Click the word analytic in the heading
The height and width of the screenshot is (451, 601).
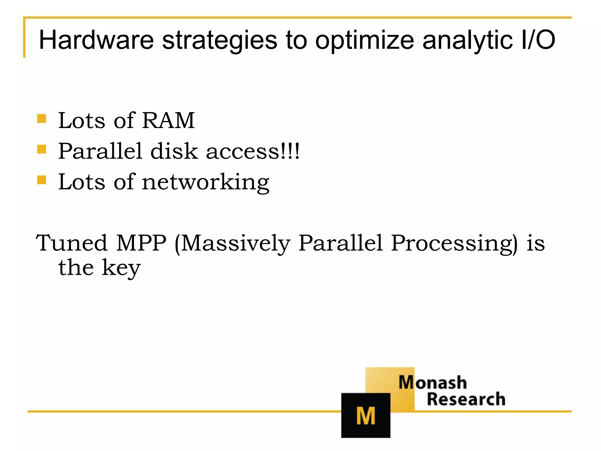click(468, 40)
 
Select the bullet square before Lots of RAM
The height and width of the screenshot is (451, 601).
click(42, 119)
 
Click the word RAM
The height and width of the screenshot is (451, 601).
click(168, 120)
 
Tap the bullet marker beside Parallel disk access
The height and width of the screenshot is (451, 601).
click(42, 149)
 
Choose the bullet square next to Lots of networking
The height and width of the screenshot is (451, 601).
click(42, 180)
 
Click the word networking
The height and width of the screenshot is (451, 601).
click(205, 182)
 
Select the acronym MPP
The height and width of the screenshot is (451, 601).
click(141, 243)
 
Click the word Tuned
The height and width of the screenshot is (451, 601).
click(72, 243)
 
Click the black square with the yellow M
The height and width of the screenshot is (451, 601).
click(366, 415)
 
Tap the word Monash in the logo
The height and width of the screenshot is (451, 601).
click(433, 383)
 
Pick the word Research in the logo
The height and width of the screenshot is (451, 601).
click(466, 399)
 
